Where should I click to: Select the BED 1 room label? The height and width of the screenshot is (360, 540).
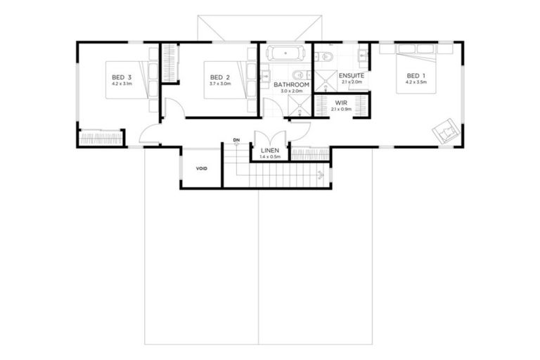point(416,75)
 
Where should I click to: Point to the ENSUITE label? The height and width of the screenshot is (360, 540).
point(351,75)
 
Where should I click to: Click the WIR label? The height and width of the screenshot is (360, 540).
point(342,102)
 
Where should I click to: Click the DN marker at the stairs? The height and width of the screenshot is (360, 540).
point(237,141)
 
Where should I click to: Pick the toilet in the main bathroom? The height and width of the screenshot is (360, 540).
point(298,74)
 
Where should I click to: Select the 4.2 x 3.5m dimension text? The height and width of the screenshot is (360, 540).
point(416,83)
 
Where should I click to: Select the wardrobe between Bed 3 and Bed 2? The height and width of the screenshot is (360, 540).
point(169,63)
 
